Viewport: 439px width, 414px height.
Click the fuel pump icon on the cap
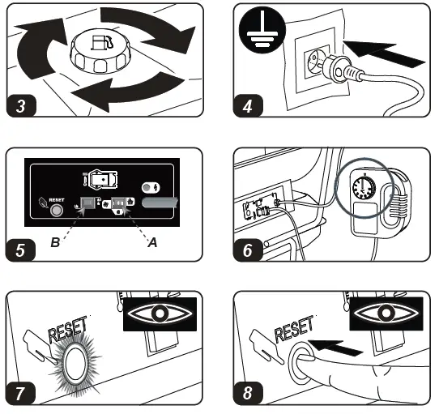101,43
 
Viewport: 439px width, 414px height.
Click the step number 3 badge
21,106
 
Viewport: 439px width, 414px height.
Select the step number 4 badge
248,106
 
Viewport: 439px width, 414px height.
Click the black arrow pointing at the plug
384,53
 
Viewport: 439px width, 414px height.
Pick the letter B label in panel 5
55,242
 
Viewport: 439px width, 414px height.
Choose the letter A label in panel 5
152,242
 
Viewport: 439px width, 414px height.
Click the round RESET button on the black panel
56,210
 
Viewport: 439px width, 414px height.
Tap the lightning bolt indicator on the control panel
151,188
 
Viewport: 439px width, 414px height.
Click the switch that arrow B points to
87,203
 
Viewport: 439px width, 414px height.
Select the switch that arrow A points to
119,203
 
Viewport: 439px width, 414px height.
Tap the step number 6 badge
248,250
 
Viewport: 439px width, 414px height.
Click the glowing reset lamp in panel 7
75,363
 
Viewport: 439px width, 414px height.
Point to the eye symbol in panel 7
160,314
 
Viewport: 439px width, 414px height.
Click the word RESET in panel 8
294,329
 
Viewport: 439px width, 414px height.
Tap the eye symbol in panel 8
386,314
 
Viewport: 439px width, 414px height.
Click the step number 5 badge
21,250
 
